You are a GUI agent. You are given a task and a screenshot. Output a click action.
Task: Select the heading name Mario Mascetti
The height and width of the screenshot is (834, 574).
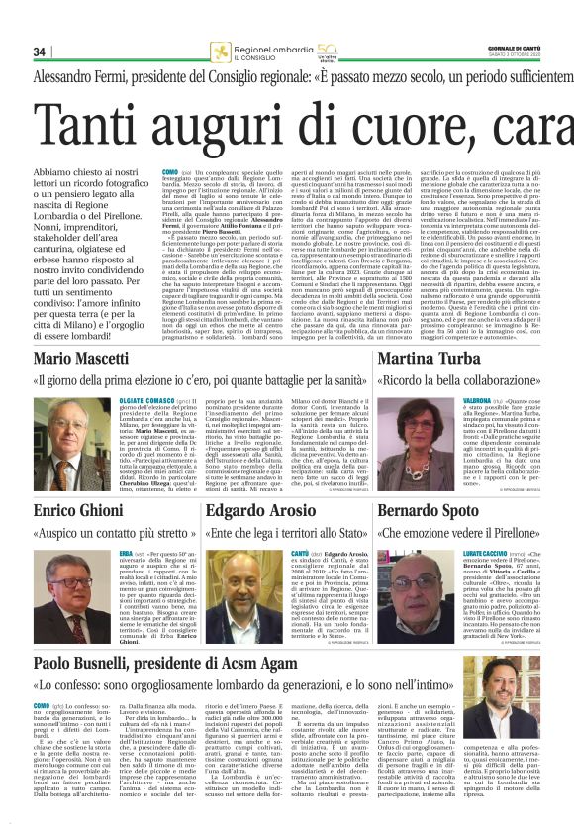coord(81,357)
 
